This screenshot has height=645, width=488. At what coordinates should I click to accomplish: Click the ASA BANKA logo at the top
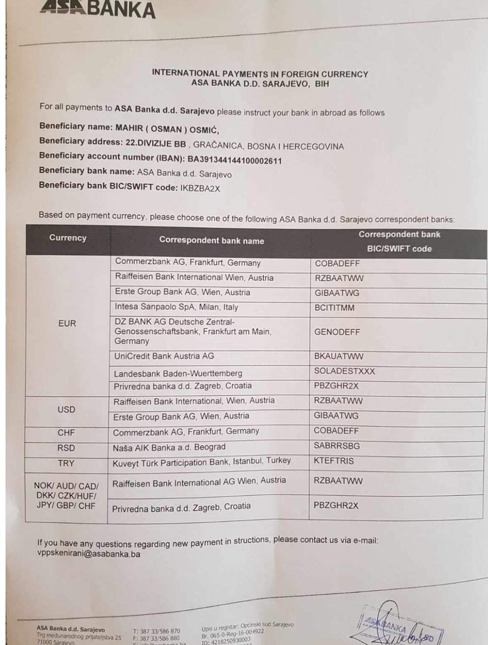coord(98,9)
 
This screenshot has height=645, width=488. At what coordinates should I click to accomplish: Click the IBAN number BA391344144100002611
coord(234,161)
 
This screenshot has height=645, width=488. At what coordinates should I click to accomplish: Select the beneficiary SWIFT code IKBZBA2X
coord(200,188)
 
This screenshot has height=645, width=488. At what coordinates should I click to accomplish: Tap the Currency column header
coord(68,238)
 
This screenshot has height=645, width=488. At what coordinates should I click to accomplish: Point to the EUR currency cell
coord(67,323)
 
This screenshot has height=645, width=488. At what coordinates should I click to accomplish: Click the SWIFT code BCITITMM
coord(334,308)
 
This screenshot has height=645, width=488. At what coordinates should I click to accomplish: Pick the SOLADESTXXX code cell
coord(344,371)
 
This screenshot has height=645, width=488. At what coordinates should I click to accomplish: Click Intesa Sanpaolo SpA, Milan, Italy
coord(176,307)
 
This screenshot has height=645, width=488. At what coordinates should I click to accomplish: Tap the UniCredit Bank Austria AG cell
coord(164,356)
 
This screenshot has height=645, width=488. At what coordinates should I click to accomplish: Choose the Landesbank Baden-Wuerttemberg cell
coord(178,373)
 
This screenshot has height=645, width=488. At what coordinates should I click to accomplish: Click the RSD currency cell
coord(66,448)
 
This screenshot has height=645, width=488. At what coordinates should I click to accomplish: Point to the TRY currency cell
coord(66,463)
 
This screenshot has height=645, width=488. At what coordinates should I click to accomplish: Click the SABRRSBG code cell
coord(337,446)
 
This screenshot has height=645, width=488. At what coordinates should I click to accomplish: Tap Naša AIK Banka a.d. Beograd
coord(169,447)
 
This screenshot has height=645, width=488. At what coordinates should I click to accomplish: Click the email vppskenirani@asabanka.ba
coord(89,554)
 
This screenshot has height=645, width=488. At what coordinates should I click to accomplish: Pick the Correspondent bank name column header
coord(211,240)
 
